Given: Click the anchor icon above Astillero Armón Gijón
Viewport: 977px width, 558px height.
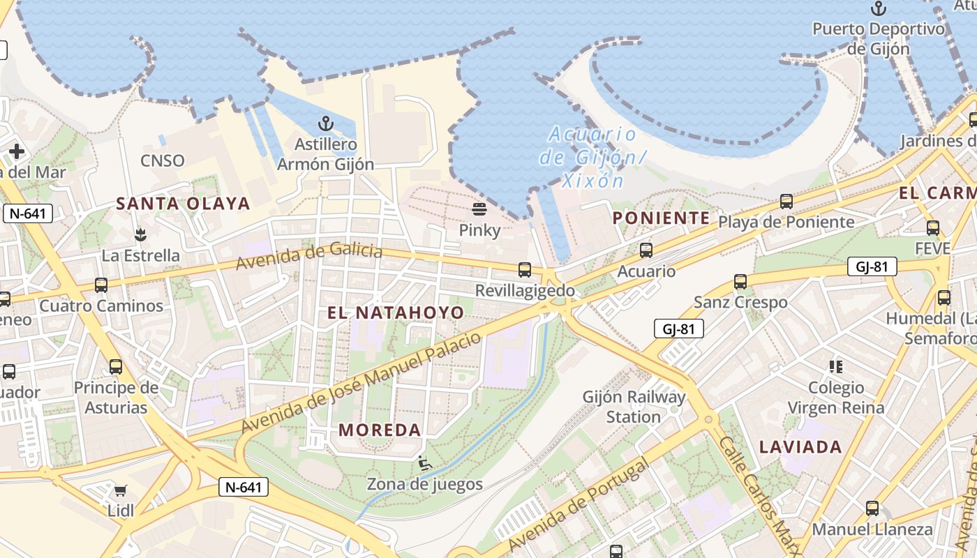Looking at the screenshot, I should (325, 124).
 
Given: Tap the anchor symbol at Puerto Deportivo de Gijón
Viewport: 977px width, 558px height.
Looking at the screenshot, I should (879, 9).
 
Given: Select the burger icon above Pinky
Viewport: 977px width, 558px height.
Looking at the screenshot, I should (479, 209).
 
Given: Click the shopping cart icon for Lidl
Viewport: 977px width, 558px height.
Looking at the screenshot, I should (121, 490).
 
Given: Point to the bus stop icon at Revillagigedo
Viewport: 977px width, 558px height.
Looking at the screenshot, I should (524, 270).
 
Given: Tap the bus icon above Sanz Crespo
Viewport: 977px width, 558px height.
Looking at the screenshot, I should (740, 282).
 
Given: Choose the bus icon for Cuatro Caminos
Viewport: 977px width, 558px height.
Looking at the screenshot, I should (101, 285).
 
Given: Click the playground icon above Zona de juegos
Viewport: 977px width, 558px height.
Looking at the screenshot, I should (424, 463).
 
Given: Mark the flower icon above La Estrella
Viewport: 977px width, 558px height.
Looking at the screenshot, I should (140, 234).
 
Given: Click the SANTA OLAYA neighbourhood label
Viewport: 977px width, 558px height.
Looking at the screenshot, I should (183, 204).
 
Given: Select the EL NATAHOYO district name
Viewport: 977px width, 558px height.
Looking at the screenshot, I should (396, 312).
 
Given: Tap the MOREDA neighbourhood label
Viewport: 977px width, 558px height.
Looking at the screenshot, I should (380, 430).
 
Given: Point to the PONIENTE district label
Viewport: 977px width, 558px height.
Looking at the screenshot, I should (661, 218).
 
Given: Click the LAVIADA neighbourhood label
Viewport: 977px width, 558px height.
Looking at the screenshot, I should (800, 447).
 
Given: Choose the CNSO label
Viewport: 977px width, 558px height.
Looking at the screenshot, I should (163, 161).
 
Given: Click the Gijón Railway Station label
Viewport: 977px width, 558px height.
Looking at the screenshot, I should (634, 407).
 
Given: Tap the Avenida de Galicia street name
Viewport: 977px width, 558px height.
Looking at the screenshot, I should (309, 256).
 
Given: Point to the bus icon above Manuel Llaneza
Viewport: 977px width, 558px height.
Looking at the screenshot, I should (872, 508).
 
